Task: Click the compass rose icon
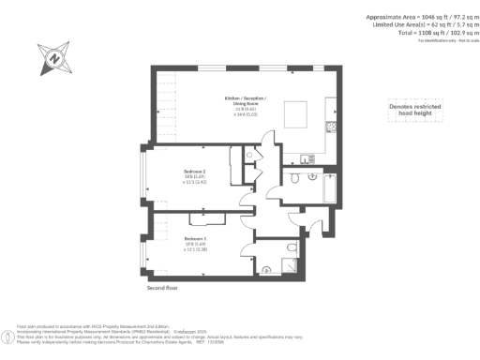[x=54, y=58]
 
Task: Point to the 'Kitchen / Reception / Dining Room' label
[x=246, y=102]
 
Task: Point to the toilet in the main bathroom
[x=294, y=178]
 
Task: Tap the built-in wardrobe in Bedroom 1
[x=206, y=218]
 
